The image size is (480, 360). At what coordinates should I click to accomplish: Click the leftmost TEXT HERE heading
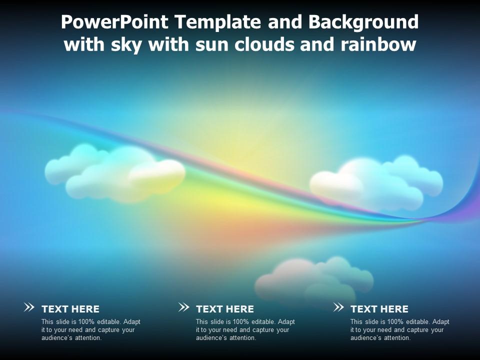point(70,309)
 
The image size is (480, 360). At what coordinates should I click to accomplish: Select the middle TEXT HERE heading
point(225,309)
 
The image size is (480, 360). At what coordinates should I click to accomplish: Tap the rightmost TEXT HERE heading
point(379,309)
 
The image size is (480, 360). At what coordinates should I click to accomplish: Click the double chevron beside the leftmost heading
point(29,307)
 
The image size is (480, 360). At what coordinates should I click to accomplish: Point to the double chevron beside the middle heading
point(183,307)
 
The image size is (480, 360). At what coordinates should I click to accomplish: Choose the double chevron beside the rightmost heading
point(338,307)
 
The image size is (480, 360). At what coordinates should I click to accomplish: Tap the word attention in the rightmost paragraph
point(397,338)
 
